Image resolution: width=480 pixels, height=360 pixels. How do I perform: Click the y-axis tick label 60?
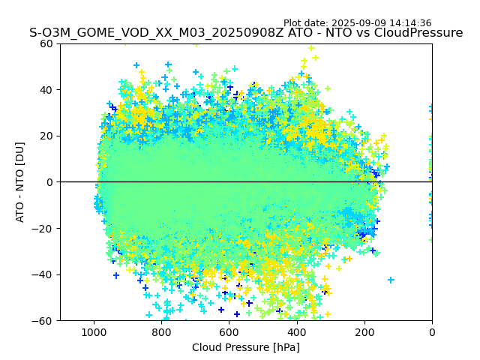tap(47, 43)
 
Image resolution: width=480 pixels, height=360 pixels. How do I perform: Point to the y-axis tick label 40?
tap(47, 90)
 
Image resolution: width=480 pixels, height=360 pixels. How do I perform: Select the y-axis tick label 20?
tap(47, 136)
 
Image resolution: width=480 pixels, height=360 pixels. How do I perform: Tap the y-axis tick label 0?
tap(50, 182)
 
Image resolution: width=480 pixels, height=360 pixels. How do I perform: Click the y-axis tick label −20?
tap(44, 229)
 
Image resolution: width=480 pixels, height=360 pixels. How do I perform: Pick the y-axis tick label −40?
tap(44, 274)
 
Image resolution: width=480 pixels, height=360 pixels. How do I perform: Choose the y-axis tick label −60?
tap(44, 321)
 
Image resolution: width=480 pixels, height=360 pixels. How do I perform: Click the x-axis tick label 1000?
tap(94, 332)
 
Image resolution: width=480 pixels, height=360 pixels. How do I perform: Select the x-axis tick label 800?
tap(161, 332)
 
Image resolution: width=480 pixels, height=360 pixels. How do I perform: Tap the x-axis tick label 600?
tap(229, 332)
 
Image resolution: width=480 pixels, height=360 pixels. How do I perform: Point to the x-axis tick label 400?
tap(297, 332)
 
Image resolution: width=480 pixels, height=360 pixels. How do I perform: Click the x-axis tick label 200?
tap(364, 332)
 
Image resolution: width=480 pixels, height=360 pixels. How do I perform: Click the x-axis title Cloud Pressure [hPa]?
tap(246, 347)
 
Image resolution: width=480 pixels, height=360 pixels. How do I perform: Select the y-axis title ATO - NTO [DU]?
tap(20, 182)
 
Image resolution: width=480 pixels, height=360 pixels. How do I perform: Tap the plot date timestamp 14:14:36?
tap(410, 23)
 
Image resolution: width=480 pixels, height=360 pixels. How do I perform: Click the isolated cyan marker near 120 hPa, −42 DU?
tap(391, 280)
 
